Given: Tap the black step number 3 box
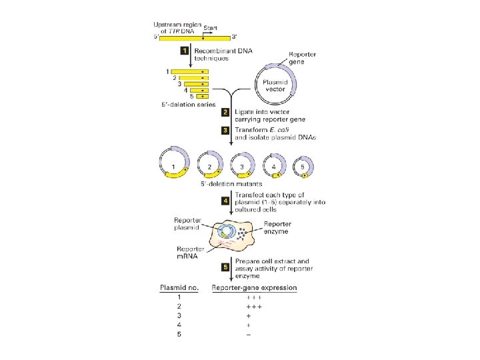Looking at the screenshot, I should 226,129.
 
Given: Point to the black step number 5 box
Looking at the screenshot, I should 226,267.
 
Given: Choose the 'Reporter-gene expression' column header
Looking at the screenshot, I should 254,288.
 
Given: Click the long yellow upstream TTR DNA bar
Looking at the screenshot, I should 193,38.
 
